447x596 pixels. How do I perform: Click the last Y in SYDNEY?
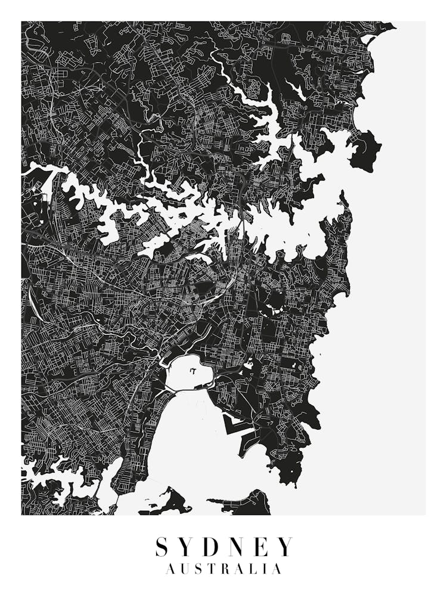point(285,547)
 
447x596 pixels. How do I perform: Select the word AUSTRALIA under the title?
point(223,570)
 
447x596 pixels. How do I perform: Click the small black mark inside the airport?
point(193,371)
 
